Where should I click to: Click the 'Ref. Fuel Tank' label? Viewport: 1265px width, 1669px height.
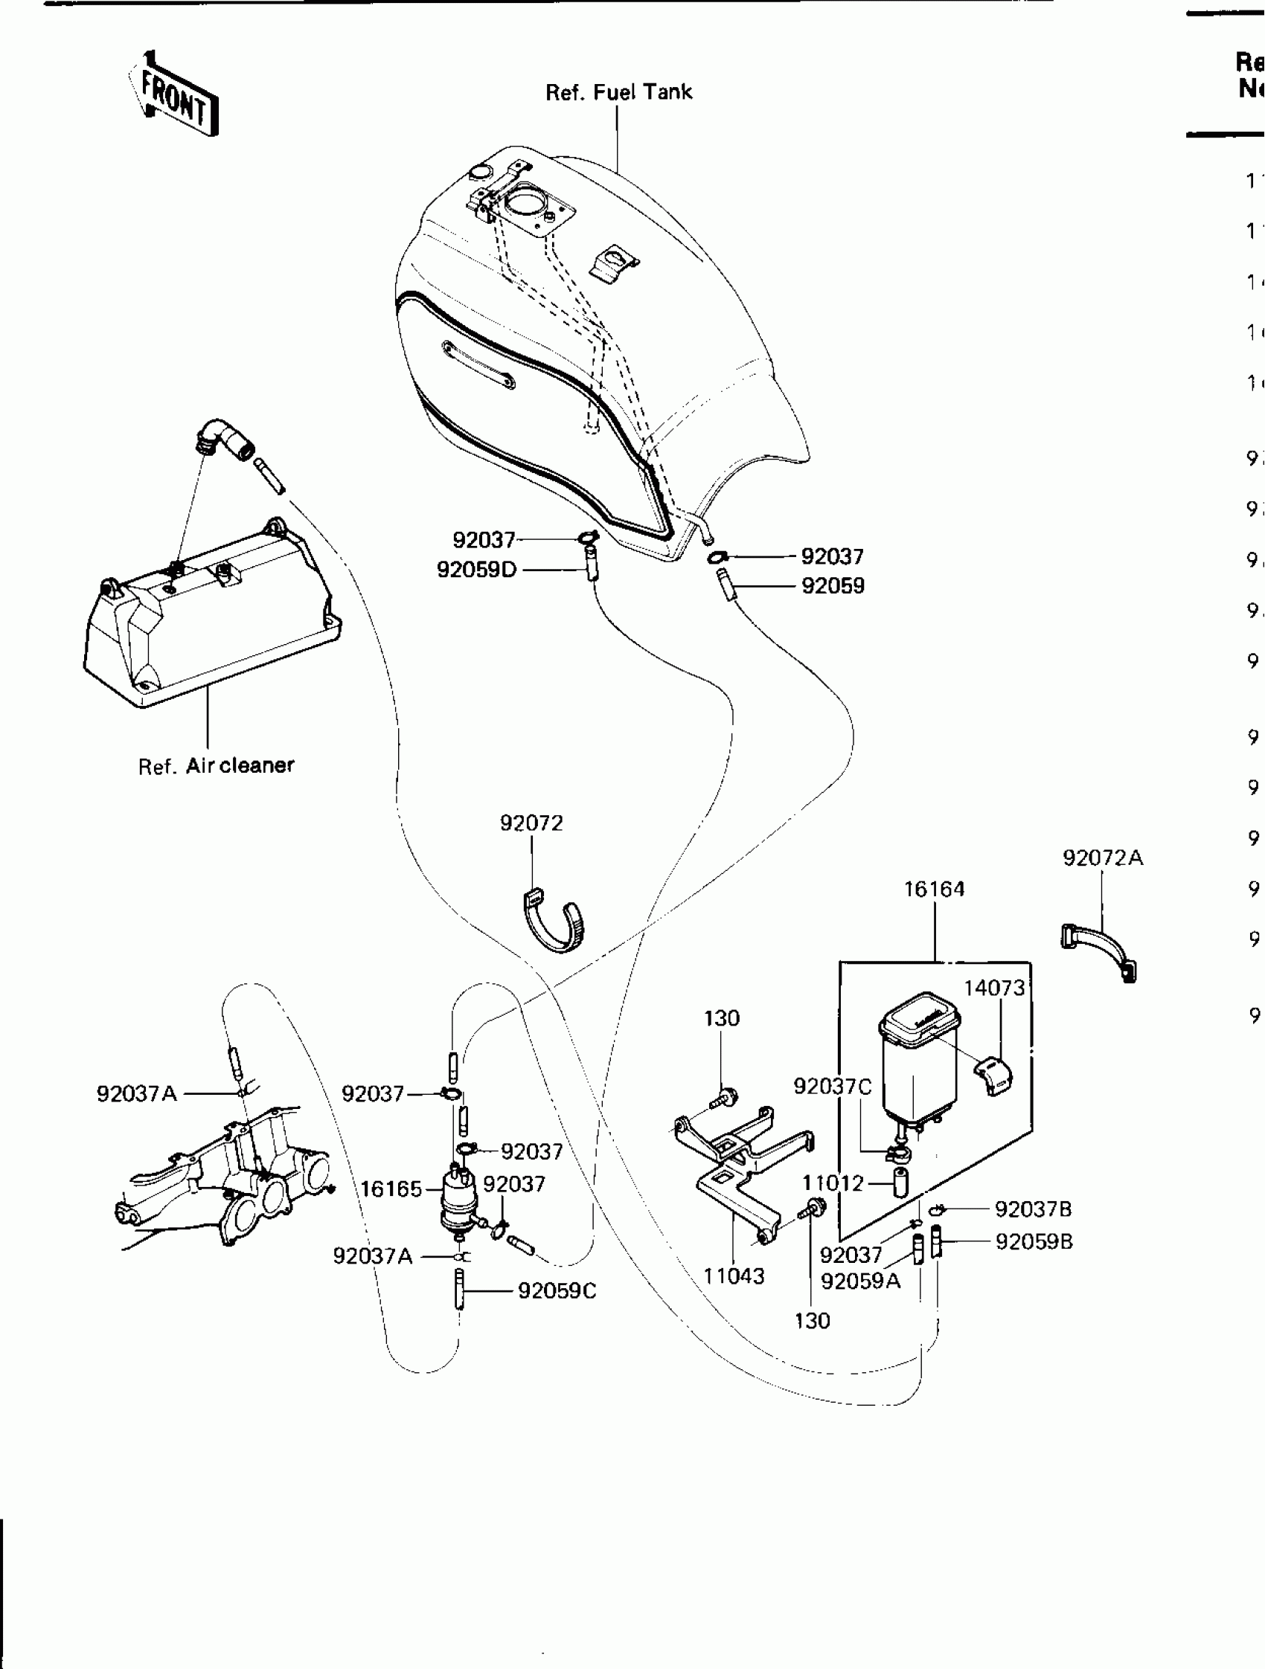618,92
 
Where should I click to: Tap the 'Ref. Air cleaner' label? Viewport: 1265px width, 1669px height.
216,765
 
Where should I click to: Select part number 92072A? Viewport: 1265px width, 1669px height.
1103,858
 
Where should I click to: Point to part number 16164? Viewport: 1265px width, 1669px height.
935,889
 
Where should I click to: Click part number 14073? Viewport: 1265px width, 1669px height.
994,988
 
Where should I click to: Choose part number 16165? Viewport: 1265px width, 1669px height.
391,1189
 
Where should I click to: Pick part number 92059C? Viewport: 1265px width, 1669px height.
557,1291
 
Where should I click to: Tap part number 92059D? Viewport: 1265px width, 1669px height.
476,570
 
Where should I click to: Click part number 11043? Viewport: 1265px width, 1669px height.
734,1276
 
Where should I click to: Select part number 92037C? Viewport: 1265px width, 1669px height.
833,1087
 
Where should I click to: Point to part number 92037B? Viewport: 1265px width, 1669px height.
1034,1209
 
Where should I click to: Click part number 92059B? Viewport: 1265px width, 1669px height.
1034,1242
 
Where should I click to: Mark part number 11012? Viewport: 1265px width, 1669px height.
833,1183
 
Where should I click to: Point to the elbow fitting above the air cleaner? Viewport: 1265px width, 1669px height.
224,439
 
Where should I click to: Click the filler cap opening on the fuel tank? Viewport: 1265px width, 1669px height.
522,203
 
